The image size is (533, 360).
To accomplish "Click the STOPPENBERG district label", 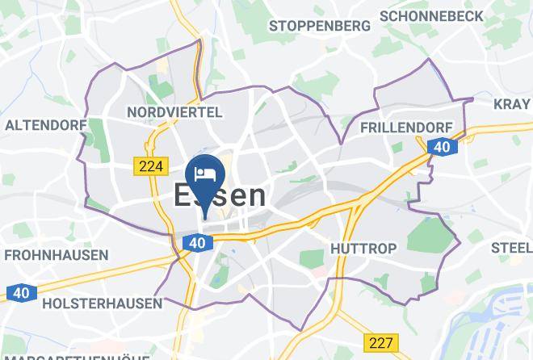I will click(320, 26).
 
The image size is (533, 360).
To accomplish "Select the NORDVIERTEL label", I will click(175, 110).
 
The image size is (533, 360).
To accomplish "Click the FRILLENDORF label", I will click(401, 128).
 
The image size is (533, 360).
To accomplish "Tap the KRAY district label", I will click(513, 103).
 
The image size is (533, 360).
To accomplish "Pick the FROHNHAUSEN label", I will click(57, 255).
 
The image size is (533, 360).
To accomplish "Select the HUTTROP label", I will click(362, 247).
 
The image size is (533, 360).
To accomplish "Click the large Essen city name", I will click(219, 195).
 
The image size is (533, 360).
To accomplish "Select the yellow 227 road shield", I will click(378, 342).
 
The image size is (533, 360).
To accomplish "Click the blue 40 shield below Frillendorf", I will click(440, 147).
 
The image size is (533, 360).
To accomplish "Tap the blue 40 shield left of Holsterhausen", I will click(19, 293).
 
